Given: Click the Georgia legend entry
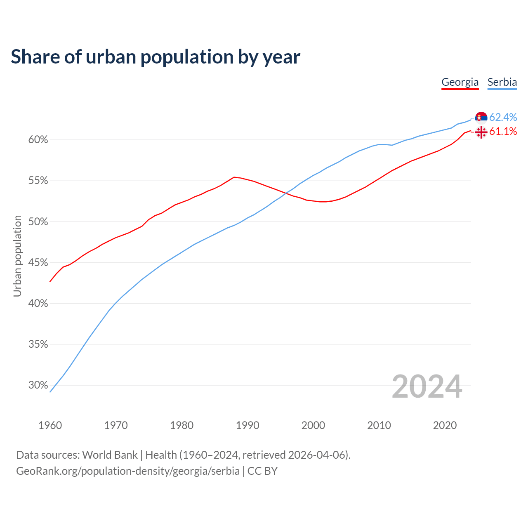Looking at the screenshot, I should pyautogui.click(x=460, y=82).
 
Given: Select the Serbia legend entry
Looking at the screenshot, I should pyautogui.click(x=502, y=82).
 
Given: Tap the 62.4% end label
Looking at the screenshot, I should pyautogui.click(x=503, y=117).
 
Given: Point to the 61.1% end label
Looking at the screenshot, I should pyautogui.click(x=503, y=131).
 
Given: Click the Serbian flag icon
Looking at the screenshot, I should pyautogui.click(x=481, y=118).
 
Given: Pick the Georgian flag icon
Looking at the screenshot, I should pyautogui.click(x=481, y=132).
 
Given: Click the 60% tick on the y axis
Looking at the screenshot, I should pyautogui.click(x=38, y=140).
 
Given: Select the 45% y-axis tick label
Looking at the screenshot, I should pyautogui.click(x=38, y=263).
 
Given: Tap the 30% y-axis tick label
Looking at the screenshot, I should pyautogui.click(x=38, y=385).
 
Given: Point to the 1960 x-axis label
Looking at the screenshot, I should pyautogui.click(x=50, y=425).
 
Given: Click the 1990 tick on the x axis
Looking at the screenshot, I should pyautogui.click(x=247, y=425).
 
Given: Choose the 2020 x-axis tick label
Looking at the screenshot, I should pyautogui.click(x=445, y=425).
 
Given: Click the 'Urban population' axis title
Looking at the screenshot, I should pyautogui.click(x=17, y=256).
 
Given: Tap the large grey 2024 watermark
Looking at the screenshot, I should pyautogui.click(x=427, y=387).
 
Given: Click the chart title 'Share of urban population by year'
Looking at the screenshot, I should pyautogui.click(x=156, y=57).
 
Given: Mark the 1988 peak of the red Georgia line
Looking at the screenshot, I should pyautogui.click(x=234, y=177).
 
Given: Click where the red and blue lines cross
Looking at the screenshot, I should pyautogui.click(x=286, y=193).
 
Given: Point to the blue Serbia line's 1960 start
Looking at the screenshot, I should pyautogui.click(x=50, y=391).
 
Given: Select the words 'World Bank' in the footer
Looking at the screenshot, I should pyautogui.click(x=110, y=455).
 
